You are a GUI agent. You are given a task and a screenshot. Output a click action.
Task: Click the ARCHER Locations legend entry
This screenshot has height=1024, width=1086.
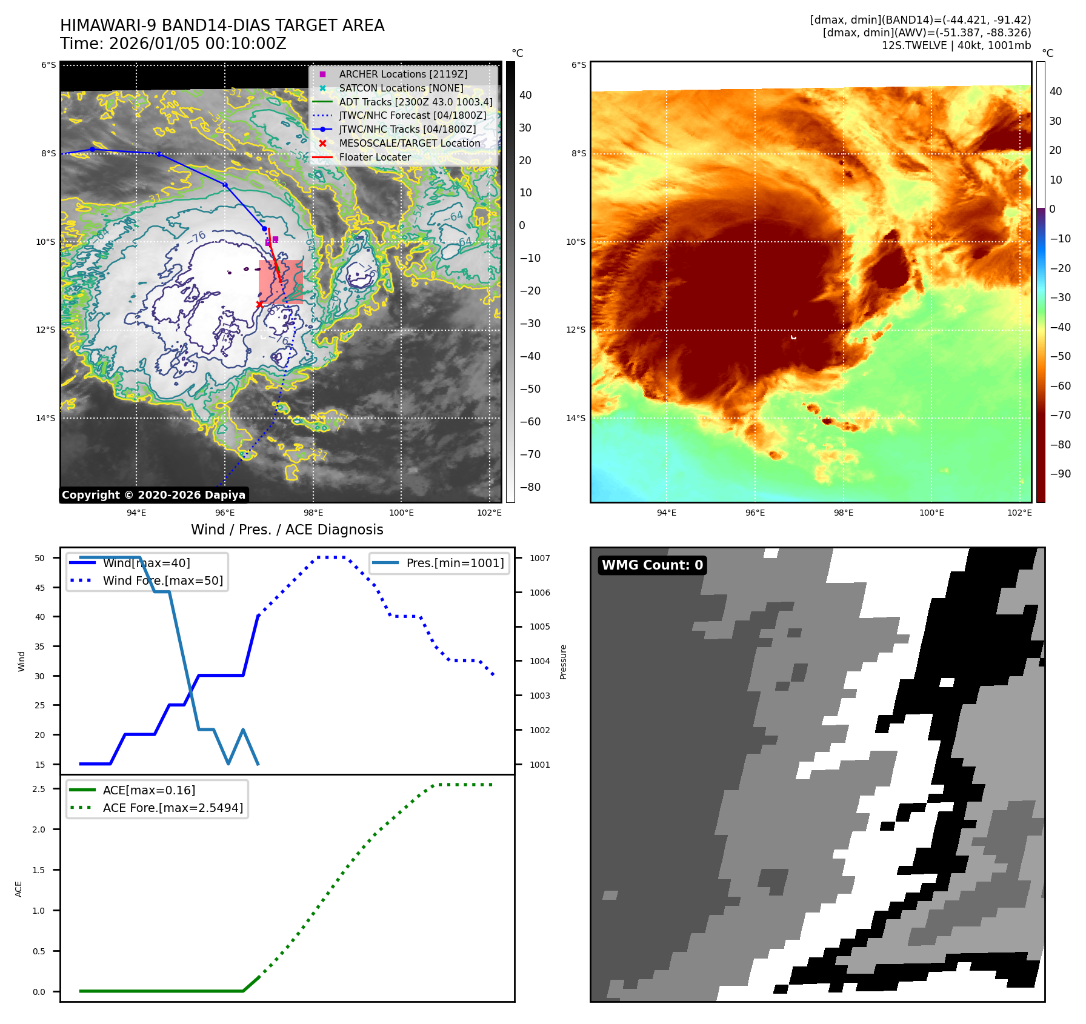403,74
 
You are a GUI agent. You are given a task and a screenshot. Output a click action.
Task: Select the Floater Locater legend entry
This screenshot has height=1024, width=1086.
375,157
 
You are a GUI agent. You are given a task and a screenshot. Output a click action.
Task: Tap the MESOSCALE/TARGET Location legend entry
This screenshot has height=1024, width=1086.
409,143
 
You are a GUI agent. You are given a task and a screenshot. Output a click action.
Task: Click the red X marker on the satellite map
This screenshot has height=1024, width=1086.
259,304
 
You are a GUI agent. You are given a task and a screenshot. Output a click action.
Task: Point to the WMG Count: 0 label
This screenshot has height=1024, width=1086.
652,565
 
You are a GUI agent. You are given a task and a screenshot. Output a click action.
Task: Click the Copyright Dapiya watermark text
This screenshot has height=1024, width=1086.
153,495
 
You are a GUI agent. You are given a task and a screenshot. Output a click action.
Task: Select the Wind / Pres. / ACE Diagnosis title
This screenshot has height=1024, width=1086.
287,530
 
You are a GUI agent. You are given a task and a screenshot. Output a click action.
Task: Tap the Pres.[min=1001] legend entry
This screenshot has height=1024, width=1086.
455,563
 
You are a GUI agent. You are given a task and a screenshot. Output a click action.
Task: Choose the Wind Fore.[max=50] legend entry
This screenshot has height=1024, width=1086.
162,580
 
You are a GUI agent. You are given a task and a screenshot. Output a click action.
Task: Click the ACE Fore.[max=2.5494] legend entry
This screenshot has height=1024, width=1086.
173,808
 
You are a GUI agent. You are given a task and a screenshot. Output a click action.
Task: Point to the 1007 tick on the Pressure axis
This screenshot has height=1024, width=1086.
539,558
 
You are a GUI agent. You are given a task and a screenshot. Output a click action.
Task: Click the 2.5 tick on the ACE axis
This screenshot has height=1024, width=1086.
39,789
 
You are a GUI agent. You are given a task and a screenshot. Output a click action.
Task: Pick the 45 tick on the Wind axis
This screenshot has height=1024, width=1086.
40,588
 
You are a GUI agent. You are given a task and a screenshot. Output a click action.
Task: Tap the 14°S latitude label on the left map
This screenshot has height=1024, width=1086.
45,418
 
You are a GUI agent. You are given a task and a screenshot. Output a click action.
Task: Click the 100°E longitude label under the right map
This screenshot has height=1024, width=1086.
931,513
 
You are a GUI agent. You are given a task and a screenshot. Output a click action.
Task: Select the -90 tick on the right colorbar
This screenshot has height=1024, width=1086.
1060,474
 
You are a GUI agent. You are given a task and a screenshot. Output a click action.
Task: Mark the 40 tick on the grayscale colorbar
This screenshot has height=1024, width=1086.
525,95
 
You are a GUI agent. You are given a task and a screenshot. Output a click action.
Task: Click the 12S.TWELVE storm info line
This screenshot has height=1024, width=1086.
956,45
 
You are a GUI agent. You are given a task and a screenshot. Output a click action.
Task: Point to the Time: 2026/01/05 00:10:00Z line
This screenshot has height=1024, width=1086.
173,44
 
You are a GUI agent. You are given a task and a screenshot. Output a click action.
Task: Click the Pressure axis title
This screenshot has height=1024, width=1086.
563,662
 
